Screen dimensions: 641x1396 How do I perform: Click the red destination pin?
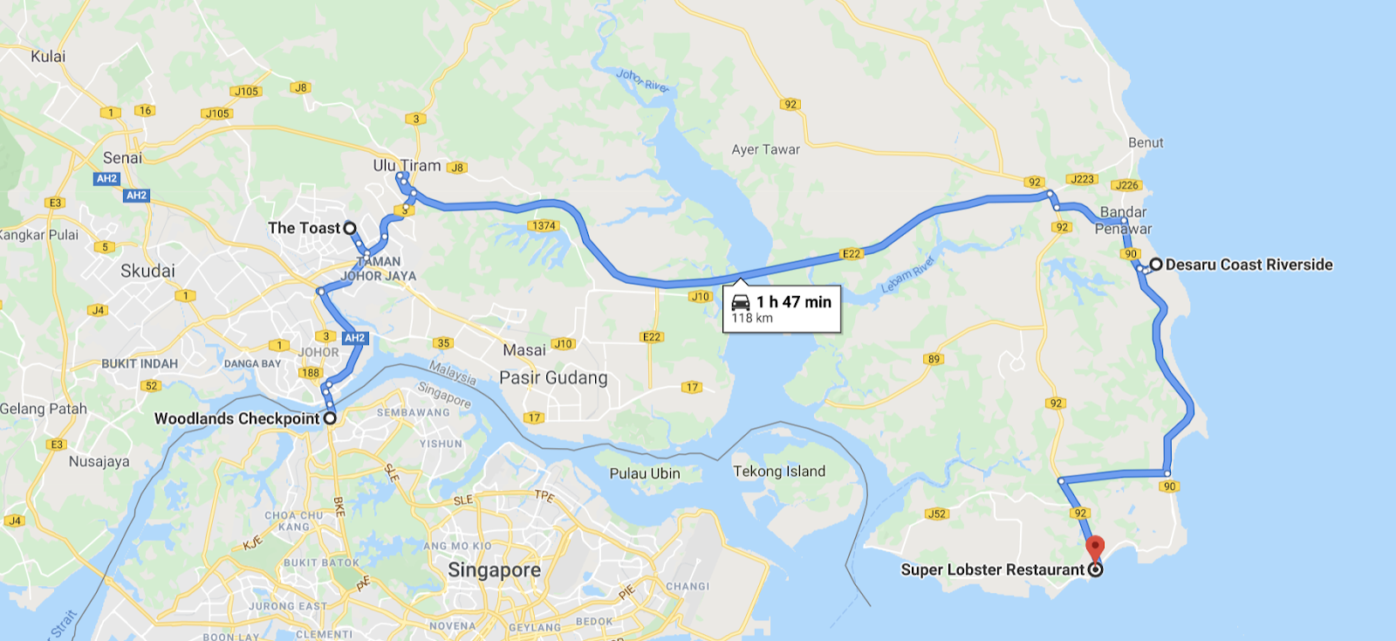(x=1094, y=548)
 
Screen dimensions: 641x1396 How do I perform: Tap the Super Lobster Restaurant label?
(x=992, y=569)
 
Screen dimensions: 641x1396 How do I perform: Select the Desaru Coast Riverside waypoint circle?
(x=1156, y=264)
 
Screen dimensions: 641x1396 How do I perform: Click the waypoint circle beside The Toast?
(x=350, y=228)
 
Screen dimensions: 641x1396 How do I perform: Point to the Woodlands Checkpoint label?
(x=236, y=418)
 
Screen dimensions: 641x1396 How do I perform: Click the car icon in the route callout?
(x=741, y=302)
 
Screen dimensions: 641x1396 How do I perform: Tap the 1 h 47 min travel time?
(x=794, y=302)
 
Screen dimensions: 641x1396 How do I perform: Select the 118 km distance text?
(x=752, y=319)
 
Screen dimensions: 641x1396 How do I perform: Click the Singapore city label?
(x=494, y=570)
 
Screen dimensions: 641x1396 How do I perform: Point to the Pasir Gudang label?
(x=553, y=378)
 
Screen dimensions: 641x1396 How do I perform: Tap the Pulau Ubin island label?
(x=644, y=473)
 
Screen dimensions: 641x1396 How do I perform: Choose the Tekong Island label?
(x=779, y=472)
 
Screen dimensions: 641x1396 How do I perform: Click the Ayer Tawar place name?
(x=765, y=149)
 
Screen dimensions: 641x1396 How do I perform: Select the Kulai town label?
(x=48, y=56)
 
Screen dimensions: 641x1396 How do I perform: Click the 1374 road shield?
(x=544, y=226)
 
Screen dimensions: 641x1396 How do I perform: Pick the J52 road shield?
(x=936, y=513)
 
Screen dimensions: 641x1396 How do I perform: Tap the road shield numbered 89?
(x=934, y=359)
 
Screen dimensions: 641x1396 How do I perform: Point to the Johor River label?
(x=643, y=80)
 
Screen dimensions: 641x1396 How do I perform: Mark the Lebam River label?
(x=908, y=275)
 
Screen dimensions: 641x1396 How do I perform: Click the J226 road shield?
(x=1126, y=185)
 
